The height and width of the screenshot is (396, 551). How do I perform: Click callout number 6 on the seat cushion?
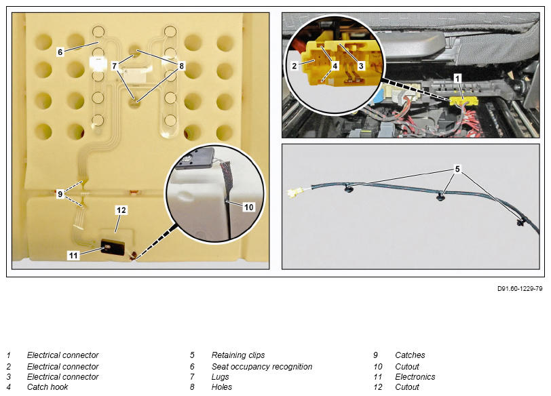[x=60, y=52]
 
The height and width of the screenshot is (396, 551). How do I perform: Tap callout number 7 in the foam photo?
[x=114, y=66]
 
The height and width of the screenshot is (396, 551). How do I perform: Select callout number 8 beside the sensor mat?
[x=181, y=66]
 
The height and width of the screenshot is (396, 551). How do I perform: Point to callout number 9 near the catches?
[x=60, y=194]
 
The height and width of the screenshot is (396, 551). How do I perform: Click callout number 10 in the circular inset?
[x=248, y=207]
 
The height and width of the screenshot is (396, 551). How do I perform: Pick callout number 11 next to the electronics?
[x=73, y=255]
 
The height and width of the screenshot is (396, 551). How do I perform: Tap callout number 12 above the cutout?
[x=121, y=210]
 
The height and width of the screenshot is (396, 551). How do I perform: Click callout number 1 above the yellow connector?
[x=457, y=78]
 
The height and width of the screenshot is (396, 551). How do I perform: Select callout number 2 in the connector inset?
[x=294, y=66]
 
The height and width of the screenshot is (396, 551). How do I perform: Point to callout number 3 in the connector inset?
[x=360, y=66]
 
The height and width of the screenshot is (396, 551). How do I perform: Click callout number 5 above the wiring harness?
[x=457, y=169]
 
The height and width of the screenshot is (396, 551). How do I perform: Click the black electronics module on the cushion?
[x=113, y=247]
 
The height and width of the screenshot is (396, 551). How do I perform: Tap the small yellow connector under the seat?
[x=463, y=102]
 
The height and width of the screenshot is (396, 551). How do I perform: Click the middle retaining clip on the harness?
[x=440, y=196]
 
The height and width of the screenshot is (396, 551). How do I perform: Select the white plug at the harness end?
[x=294, y=193]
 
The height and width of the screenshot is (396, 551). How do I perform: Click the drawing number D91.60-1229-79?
[x=520, y=289]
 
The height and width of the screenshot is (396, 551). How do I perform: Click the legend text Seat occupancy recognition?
[x=262, y=367]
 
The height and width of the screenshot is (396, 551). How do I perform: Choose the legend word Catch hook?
[x=47, y=387]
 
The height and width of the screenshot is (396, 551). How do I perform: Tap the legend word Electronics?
[x=415, y=377]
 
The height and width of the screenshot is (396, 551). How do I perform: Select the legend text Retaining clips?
[x=238, y=355]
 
